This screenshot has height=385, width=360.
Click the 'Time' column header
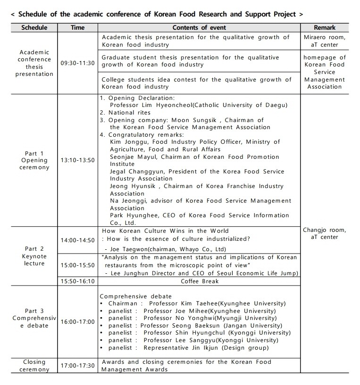77,28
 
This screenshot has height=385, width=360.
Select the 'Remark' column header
324,28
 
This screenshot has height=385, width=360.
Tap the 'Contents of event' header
199,28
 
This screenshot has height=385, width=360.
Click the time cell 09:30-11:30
77,63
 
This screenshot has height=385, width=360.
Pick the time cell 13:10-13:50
77,160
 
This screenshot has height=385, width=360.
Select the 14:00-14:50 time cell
77,240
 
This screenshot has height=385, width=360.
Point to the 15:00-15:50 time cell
77,265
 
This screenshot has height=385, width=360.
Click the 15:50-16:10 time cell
77,281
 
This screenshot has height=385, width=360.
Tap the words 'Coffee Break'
200,281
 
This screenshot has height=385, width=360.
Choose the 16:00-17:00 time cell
77,322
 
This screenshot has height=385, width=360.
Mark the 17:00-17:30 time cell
77,366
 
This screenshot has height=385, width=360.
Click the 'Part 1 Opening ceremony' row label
34,160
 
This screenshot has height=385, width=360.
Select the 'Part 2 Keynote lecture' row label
34,256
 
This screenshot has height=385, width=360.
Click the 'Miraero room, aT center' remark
324,41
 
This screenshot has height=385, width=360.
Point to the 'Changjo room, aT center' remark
324,234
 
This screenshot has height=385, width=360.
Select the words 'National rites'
129,113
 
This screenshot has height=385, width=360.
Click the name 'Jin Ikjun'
207,348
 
